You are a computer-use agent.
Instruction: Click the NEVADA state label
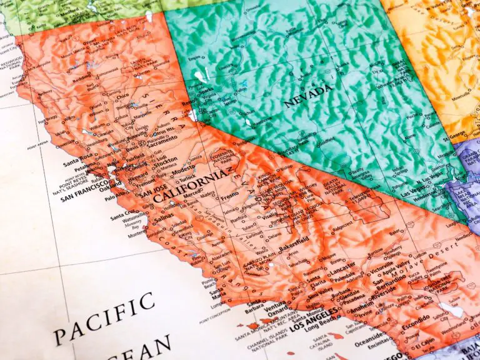308,96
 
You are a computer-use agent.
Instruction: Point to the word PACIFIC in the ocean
104,318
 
